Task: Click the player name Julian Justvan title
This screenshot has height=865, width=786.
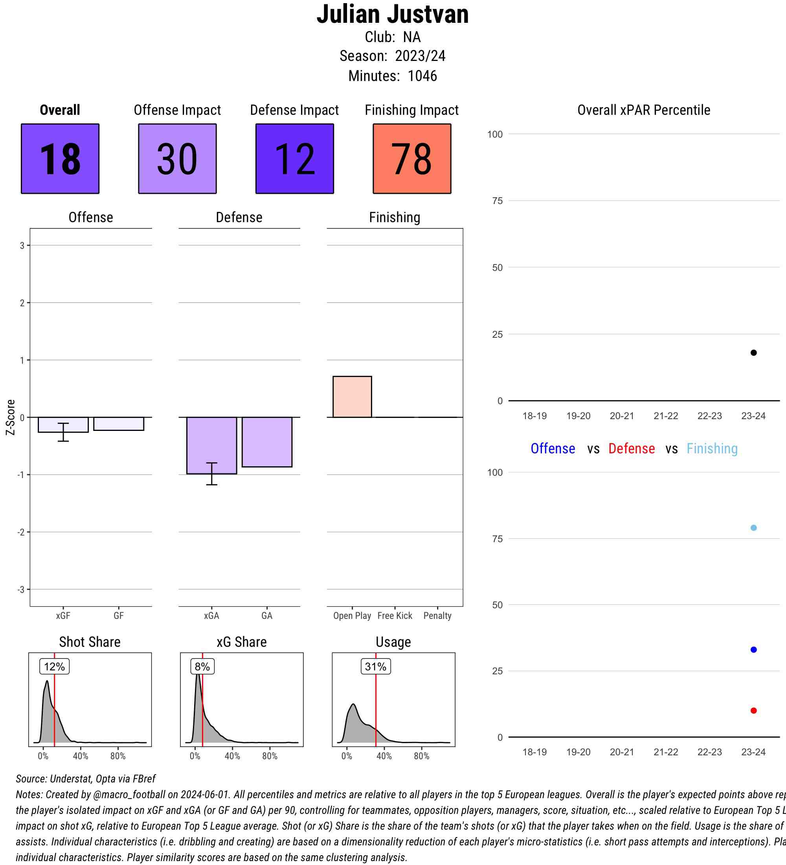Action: (x=392, y=15)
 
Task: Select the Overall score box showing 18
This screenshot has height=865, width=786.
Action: (x=60, y=159)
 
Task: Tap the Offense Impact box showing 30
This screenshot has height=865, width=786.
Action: (x=177, y=159)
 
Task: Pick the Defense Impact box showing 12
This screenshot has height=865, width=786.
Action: (x=295, y=159)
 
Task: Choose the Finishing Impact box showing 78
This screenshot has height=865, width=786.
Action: (x=411, y=159)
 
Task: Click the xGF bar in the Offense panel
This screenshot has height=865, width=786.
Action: (x=63, y=425)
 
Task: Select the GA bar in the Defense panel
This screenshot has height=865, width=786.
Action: (x=267, y=442)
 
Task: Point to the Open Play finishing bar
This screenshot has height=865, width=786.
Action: (x=352, y=397)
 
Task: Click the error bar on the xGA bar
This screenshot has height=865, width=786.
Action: (x=211, y=474)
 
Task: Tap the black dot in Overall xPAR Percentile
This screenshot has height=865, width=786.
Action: (x=753, y=353)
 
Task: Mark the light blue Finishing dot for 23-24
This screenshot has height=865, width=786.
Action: (x=753, y=528)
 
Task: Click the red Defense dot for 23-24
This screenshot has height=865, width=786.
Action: (x=753, y=710)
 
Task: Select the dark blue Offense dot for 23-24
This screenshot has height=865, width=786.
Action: (x=753, y=650)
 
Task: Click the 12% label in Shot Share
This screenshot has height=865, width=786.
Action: (x=55, y=667)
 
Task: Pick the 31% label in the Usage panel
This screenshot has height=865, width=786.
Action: (x=376, y=667)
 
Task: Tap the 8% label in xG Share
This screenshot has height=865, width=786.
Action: (x=202, y=667)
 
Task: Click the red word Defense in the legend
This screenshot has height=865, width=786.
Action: (x=631, y=449)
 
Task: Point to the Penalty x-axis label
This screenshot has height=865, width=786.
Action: (x=437, y=616)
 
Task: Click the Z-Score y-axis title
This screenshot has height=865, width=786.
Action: (x=11, y=417)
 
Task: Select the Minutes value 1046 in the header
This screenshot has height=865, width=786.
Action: (x=422, y=76)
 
